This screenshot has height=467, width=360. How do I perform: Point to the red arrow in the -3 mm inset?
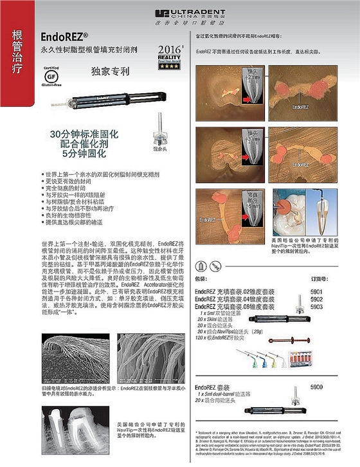click(x=248, y=155)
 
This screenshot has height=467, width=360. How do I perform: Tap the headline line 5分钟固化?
click(x=84, y=154)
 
